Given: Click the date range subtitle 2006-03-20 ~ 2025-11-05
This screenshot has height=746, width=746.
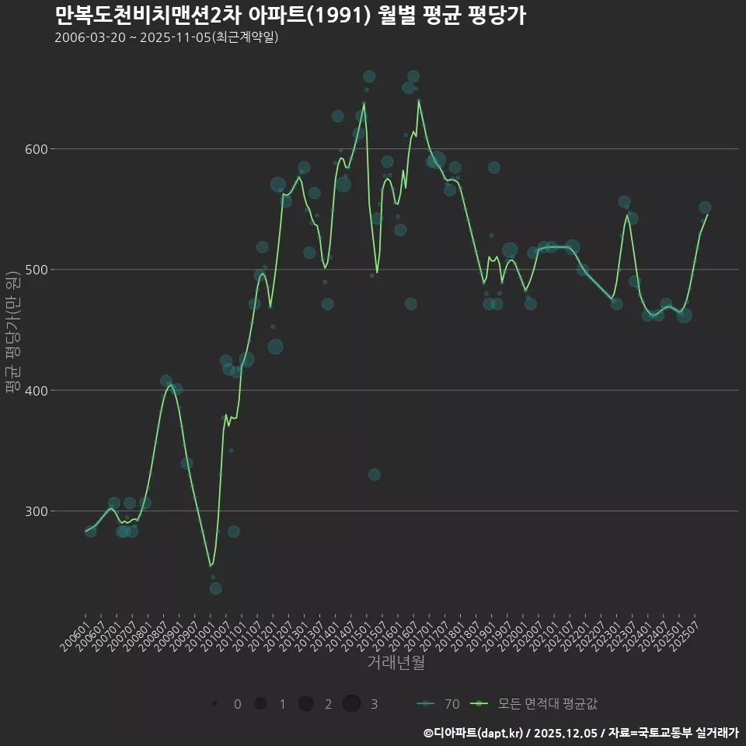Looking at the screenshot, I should pos(166,38).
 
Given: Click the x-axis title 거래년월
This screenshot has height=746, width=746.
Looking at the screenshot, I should pos(396,663).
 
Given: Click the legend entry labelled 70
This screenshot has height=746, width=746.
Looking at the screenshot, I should pos(438,704).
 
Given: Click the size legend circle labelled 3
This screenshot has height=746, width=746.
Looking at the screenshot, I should pos(351,703).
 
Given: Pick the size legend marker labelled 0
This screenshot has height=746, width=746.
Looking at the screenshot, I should pos(214,703).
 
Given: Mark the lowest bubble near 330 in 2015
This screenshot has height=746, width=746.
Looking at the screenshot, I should pos(375,474).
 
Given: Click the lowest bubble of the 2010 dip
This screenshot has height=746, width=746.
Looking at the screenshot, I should pos(215,588).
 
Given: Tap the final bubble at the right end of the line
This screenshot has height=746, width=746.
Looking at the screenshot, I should pos(705,207).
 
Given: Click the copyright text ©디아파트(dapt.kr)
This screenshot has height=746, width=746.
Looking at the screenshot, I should pos(474,733).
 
